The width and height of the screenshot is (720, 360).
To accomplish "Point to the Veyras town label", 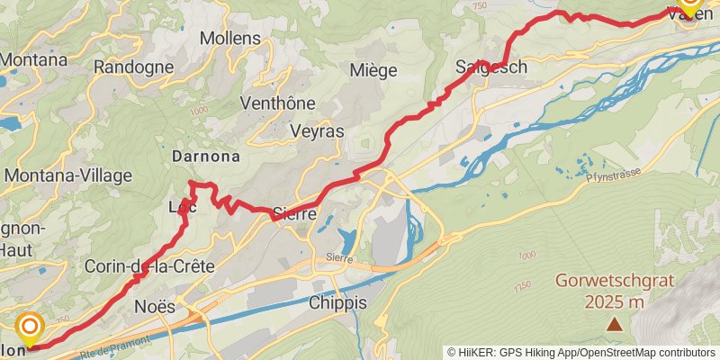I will point(317,130).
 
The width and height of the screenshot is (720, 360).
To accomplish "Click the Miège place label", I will point(373,70).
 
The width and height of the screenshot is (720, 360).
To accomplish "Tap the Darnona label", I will point(206,156).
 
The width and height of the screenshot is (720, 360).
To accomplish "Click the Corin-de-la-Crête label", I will point(148,266).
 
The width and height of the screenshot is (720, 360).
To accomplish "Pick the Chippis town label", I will point(337,302).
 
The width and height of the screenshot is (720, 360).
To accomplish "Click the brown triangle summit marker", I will point(614,323).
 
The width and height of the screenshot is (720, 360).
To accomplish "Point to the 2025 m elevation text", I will point(614,301).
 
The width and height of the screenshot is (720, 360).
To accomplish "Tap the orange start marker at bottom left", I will point(30,328).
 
